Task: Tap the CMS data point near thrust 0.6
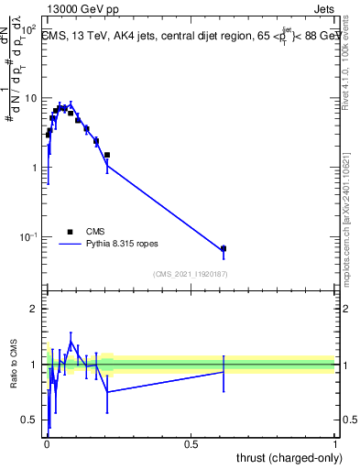tap(224, 248)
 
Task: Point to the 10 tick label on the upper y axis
tap(32, 98)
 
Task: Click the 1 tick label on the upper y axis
tap(35, 168)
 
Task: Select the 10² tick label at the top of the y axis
tap(29, 29)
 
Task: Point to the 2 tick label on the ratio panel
tap(35, 309)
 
